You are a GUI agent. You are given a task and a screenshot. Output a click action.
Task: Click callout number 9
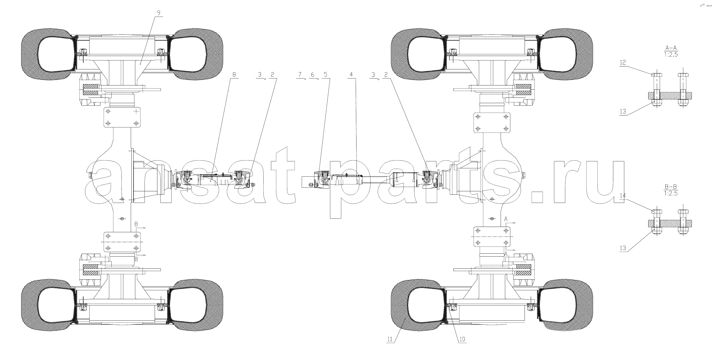click(159, 13)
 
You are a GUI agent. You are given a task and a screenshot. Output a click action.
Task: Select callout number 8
click(234, 74)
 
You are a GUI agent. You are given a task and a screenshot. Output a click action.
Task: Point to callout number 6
click(313, 74)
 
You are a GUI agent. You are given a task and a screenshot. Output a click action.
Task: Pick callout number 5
click(325, 74)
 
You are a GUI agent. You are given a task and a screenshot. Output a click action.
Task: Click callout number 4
click(351, 74)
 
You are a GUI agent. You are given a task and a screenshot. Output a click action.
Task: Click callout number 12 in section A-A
click(623, 63)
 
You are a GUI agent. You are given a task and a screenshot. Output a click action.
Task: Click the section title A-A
click(671, 48)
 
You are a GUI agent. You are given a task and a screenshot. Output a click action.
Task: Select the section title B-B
click(671, 187)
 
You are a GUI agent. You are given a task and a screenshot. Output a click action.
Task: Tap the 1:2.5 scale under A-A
click(671, 55)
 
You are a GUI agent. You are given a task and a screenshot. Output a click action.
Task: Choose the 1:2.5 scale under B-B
click(671, 193)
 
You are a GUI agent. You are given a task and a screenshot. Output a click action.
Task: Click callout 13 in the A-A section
click(623, 112)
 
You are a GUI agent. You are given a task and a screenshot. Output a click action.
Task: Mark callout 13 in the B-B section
click(623, 248)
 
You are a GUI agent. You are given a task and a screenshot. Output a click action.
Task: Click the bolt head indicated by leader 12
click(657, 75)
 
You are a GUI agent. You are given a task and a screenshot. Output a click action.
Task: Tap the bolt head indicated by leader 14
click(657, 212)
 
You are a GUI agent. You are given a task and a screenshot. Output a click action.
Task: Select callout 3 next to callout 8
click(259, 74)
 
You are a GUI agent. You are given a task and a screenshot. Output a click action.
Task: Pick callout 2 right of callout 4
click(386, 74)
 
